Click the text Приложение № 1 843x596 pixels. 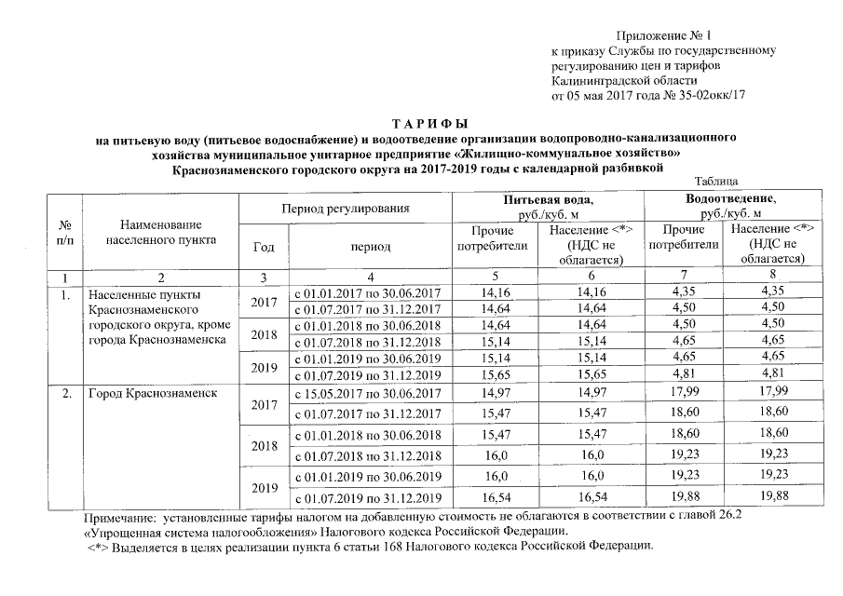659,34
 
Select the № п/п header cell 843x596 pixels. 65,232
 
